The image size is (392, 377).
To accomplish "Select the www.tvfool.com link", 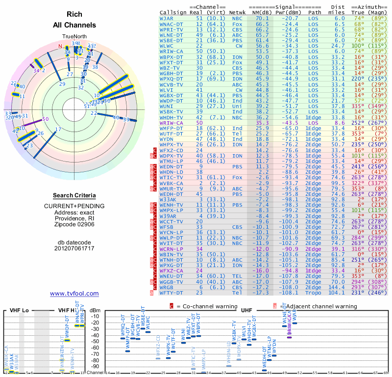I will pyautogui.click(x=74, y=294).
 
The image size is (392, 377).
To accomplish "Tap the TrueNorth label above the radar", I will pyautogui.click(x=74, y=37).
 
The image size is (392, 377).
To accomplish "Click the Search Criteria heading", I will pyautogui.click(x=74, y=195).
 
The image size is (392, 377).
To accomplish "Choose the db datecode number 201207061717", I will pyautogui.click(x=74, y=248).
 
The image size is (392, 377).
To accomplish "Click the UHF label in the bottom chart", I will pyautogui.click(x=246, y=311).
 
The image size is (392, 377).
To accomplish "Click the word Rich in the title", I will pyautogui.click(x=74, y=15).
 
